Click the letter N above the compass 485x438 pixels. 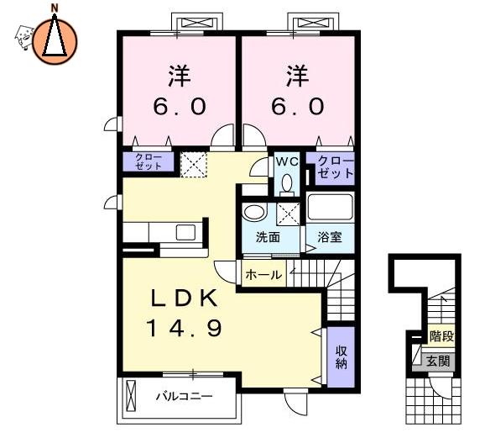click(55, 8)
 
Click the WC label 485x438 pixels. click(287, 161)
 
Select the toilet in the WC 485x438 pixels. click(287, 185)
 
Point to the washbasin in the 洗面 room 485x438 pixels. click(255, 213)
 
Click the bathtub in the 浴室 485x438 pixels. click(330, 207)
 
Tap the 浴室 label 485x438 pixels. click(330, 237)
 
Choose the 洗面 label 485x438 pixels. click(268, 237)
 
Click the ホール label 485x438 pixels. click(263, 275)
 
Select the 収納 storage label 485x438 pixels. click(342, 357)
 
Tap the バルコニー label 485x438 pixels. click(185, 396)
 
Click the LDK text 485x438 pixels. click(184, 298)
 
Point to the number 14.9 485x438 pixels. click(185, 328)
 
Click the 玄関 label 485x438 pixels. click(438, 361)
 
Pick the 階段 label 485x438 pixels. click(441, 336)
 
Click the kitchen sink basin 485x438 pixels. click(185, 233)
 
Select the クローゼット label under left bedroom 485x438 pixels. click(149, 161)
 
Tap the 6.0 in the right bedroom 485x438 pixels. click(298, 106)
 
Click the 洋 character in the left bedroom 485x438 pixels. click(180, 76)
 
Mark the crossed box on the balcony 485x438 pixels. click(131, 395)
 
